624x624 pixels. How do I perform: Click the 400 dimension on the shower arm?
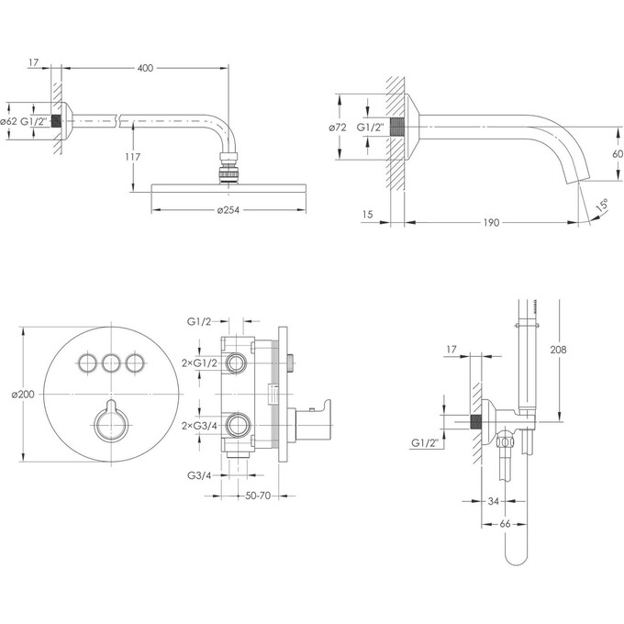click(145, 68)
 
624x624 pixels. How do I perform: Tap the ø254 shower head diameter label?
click(228, 210)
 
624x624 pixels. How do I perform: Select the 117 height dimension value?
click(132, 157)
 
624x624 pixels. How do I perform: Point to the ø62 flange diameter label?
click(9, 121)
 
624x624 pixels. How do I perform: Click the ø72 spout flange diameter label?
click(338, 128)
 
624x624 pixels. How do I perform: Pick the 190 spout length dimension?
click(491, 222)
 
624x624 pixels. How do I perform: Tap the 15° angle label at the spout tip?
click(602, 206)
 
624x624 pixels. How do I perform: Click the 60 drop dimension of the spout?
click(618, 153)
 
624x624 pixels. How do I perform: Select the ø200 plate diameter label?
click(23, 395)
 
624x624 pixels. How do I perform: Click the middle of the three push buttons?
click(111, 362)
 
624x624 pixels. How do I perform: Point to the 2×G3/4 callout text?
click(199, 426)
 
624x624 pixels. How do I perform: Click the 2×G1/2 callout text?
click(199, 363)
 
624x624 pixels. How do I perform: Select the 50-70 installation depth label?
click(258, 496)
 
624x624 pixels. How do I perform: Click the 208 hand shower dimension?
click(558, 350)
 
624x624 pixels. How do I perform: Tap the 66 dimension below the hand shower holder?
click(505, 524)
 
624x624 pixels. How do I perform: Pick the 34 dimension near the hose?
click(493, 501)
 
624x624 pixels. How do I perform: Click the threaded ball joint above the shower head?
click(228, 168)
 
